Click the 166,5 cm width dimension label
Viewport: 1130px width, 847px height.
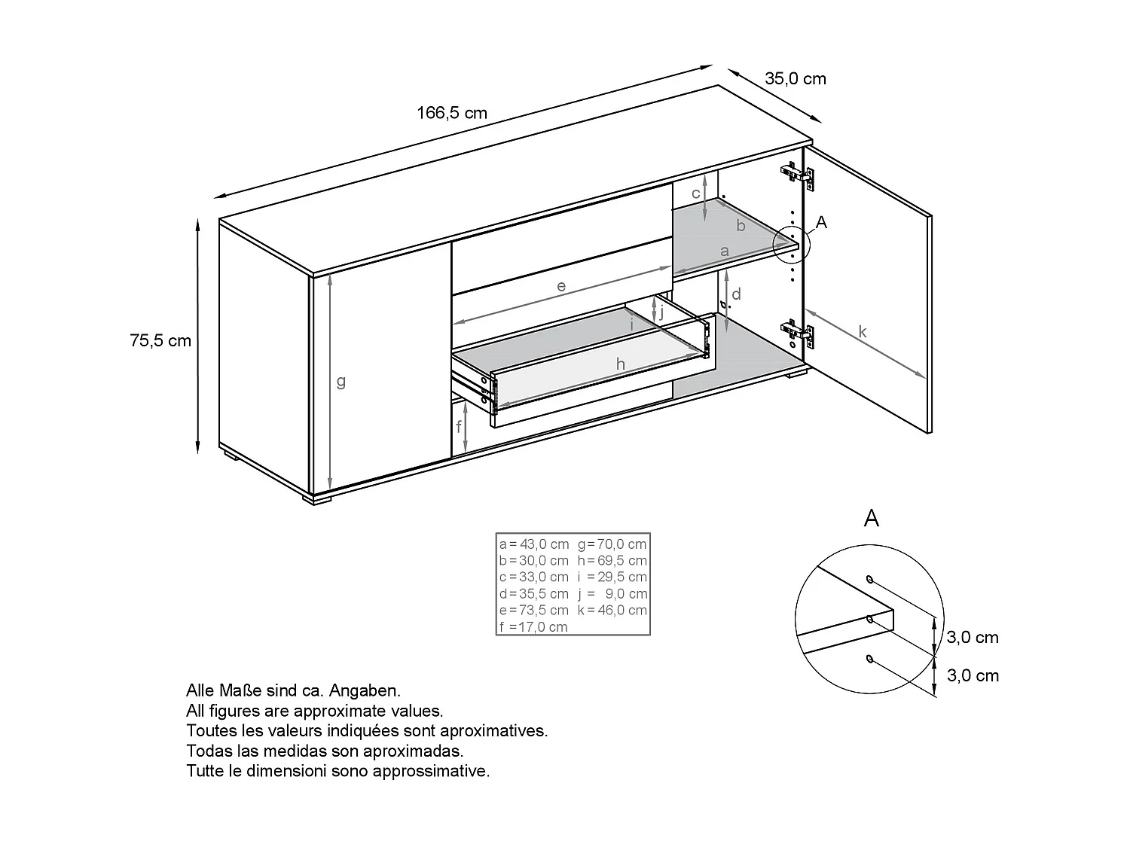click(452, 114)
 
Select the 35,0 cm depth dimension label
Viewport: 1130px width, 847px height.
click(796, 79)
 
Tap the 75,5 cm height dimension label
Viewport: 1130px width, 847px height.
click(160, 341)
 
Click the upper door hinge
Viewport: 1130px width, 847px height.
click(798, 175)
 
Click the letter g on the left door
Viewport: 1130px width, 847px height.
click(341, 382)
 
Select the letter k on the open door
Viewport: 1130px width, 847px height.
click(863, 332)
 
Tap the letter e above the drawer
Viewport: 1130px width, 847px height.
click(561, 287)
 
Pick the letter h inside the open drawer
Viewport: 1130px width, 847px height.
click(621, 365)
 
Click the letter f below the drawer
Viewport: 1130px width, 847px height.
click(458, 428)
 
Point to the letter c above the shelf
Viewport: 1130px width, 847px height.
click(696, 193)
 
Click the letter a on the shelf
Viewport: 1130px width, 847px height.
click(725, 251)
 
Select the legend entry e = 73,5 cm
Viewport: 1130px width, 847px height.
click(534, 611)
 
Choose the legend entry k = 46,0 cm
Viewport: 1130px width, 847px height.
click(612, 611)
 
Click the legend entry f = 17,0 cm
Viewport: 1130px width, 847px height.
click(533, 627)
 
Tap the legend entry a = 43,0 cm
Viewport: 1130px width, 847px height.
click(534, 544)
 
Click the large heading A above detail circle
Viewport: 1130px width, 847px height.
click(872, 518)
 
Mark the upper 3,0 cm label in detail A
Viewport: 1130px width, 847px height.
click(973, 638)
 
